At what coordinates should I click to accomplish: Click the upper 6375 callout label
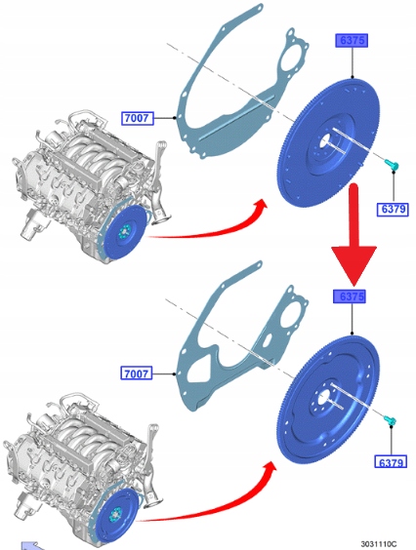tap(352, 40)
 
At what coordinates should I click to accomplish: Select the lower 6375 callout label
tap(350, 296)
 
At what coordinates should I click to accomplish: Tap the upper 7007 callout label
tap(138, 118)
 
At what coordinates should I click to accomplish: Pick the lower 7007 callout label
tap(137, 373)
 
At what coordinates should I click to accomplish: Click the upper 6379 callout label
tap(393, 209)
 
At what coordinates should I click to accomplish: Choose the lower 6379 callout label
tap(391, 462)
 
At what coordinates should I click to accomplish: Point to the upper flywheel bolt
tap(392, 165)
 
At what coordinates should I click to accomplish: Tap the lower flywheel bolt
tap(390, 420)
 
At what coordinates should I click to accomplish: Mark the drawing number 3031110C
tap(379, 544)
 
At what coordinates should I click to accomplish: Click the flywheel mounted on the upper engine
tap(124, 232)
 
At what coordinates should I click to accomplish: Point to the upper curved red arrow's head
tap(260, 205)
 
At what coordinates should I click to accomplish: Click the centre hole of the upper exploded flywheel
tap(325, 142)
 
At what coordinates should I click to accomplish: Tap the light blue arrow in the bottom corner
tap(31, 546)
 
